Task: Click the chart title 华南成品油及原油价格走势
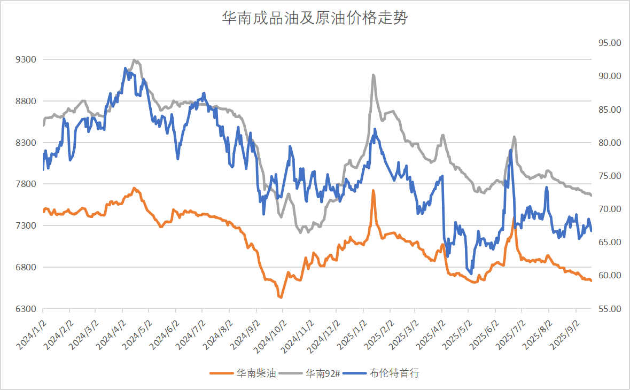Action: click(315, 19)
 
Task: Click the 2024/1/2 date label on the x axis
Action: click(30, 332)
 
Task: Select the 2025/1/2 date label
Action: click(351, 332)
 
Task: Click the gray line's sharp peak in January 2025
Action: click(373, 75)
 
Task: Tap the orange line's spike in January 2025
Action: click(373, 191)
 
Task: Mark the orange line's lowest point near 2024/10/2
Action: click(280, 297)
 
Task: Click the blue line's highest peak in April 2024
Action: click(125, 68)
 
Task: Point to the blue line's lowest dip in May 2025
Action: click(471, 273)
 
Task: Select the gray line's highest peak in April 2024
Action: click(134, 60)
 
